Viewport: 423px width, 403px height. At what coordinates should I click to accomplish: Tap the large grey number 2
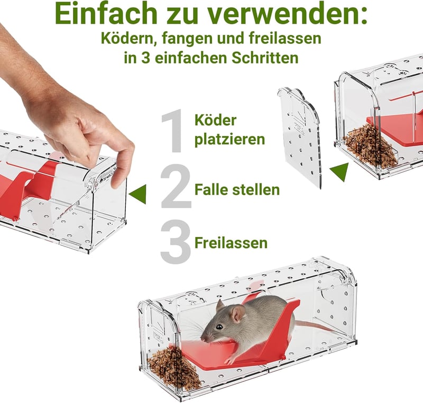[x=176, y=186]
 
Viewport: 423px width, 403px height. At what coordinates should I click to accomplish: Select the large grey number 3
[x=176, y=242]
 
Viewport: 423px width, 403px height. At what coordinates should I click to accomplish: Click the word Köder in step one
[x=215, y=120]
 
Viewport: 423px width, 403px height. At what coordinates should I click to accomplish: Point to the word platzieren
[x=229, y=139]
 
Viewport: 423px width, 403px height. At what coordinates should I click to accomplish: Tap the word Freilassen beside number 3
[x=231, y=243]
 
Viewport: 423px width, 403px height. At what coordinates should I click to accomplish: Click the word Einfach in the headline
[x=106, y=14]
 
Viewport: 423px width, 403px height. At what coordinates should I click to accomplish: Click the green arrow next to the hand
[x=138, y=194]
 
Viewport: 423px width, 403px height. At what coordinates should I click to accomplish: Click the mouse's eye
[x=219, y=327]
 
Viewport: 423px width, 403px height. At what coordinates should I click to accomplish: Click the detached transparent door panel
[x=300, y=136]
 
